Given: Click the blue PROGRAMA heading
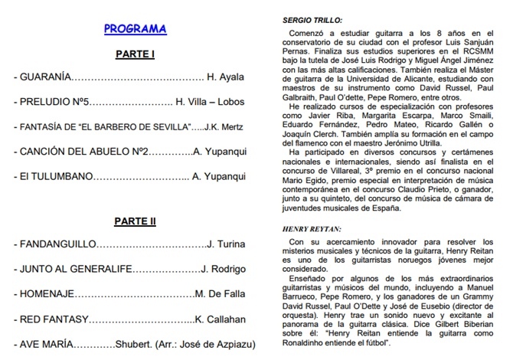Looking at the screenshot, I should [x=135, y=30].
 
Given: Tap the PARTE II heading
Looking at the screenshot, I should [x=135, y=221].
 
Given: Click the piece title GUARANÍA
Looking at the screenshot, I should [x=43, y=78].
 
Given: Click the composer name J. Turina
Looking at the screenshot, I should [x=228, y=245].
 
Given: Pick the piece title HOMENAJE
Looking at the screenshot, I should [x=47, y=293].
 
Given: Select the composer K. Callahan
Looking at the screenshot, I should [x=223, y=319].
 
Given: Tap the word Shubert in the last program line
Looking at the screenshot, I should [x=136, y=343].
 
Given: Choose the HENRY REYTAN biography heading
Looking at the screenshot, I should [x=311, y=229].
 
